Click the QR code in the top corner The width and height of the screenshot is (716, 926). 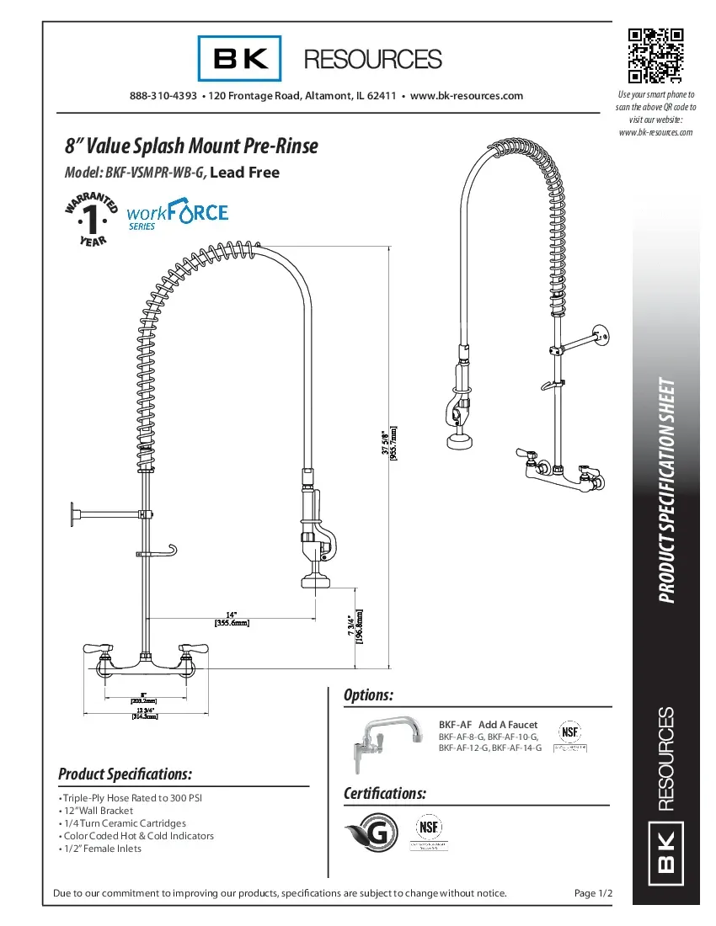tap(655, 56)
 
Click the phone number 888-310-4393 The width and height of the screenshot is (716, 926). tap(163, 96)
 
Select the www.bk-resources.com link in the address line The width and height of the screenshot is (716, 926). tap(466, 96)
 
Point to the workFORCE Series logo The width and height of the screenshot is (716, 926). tap(177, 215)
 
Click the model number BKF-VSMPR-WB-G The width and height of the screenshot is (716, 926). tap(154, 173)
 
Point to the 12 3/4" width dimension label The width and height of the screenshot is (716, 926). tap(144, 713)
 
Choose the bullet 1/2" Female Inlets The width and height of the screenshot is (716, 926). tap(102, 849)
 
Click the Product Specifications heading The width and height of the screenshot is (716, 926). tap(125, 774)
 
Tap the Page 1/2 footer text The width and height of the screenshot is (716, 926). tap(592, 893)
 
